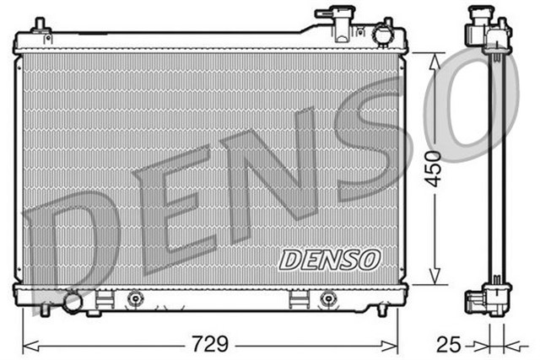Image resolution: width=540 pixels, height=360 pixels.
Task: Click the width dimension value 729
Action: coord(211,344)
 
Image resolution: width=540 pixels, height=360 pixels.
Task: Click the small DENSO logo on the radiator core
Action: coord(330,259)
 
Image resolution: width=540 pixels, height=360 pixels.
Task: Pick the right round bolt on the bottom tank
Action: coord(328,298)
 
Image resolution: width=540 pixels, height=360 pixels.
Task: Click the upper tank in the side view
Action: coord(489,32)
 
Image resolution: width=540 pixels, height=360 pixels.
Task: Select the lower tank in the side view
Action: coord(489,298)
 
